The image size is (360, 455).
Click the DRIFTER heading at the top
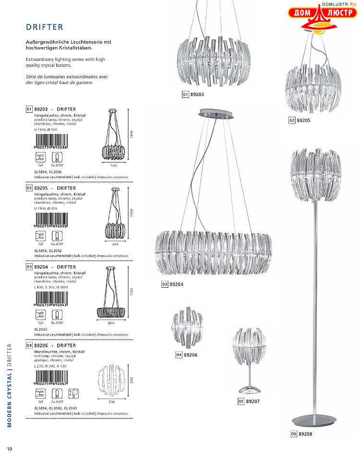(x=45, y=27)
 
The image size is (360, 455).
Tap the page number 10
(x=10, y=449)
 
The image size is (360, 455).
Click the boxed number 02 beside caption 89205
(x=292, y=121)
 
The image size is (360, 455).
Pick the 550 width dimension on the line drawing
(x=114, y=165)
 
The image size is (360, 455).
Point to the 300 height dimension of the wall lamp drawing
(x=131, y=380)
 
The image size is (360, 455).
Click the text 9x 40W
(x=57, y=165)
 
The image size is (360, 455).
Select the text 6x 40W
(x=57, y=244)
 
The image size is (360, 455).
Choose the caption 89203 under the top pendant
(x=197, y=95)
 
